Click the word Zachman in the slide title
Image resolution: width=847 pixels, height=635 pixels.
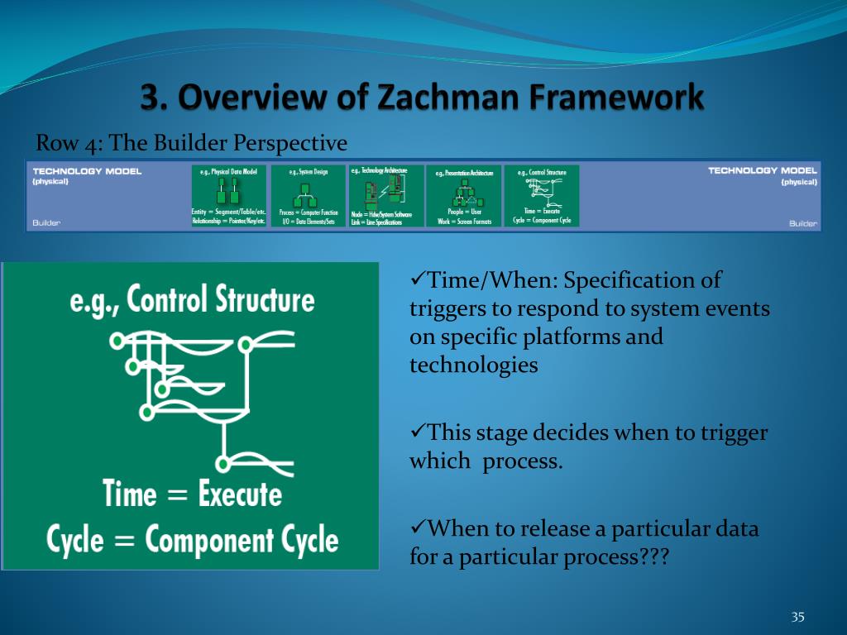[441, 98]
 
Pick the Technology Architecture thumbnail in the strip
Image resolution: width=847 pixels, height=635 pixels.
[385, 196]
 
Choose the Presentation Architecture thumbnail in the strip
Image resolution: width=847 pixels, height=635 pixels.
[463, 196]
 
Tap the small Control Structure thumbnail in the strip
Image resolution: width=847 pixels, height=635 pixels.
[542, 196]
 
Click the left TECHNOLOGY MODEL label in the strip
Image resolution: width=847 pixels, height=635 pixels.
[87, 171]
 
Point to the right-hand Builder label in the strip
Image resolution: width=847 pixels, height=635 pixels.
[802, 224]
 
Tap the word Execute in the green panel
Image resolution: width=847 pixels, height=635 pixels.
[240, 494]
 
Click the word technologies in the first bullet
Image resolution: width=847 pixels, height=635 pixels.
[473, 365]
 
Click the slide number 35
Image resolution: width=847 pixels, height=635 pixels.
[797, 617]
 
